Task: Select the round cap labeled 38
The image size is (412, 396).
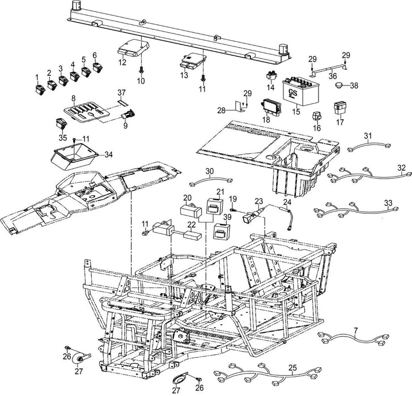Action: point(339,86)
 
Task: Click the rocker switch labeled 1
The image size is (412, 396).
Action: point(39,88)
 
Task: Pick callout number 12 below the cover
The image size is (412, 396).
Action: point(122,63)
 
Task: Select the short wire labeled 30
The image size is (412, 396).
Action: point(210,182)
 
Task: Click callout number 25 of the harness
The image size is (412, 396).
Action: point(291,367)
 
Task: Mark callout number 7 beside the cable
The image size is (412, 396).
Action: point(387,329)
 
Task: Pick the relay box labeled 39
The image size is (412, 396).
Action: point(220,230)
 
